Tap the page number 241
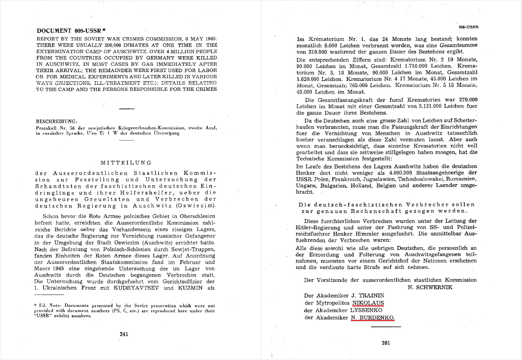pyautogui.click(x=124, y=334)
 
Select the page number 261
pyautogui.click(x=386, y=343)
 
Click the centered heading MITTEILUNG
pyautogui.click(x=126, y=162)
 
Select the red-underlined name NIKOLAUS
pyautogui.click(x=368, y=303)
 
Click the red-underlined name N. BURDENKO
pyautogui.click(x=373, y=318)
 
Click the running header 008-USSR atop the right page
pyautogui.click(x=469, y=27)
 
